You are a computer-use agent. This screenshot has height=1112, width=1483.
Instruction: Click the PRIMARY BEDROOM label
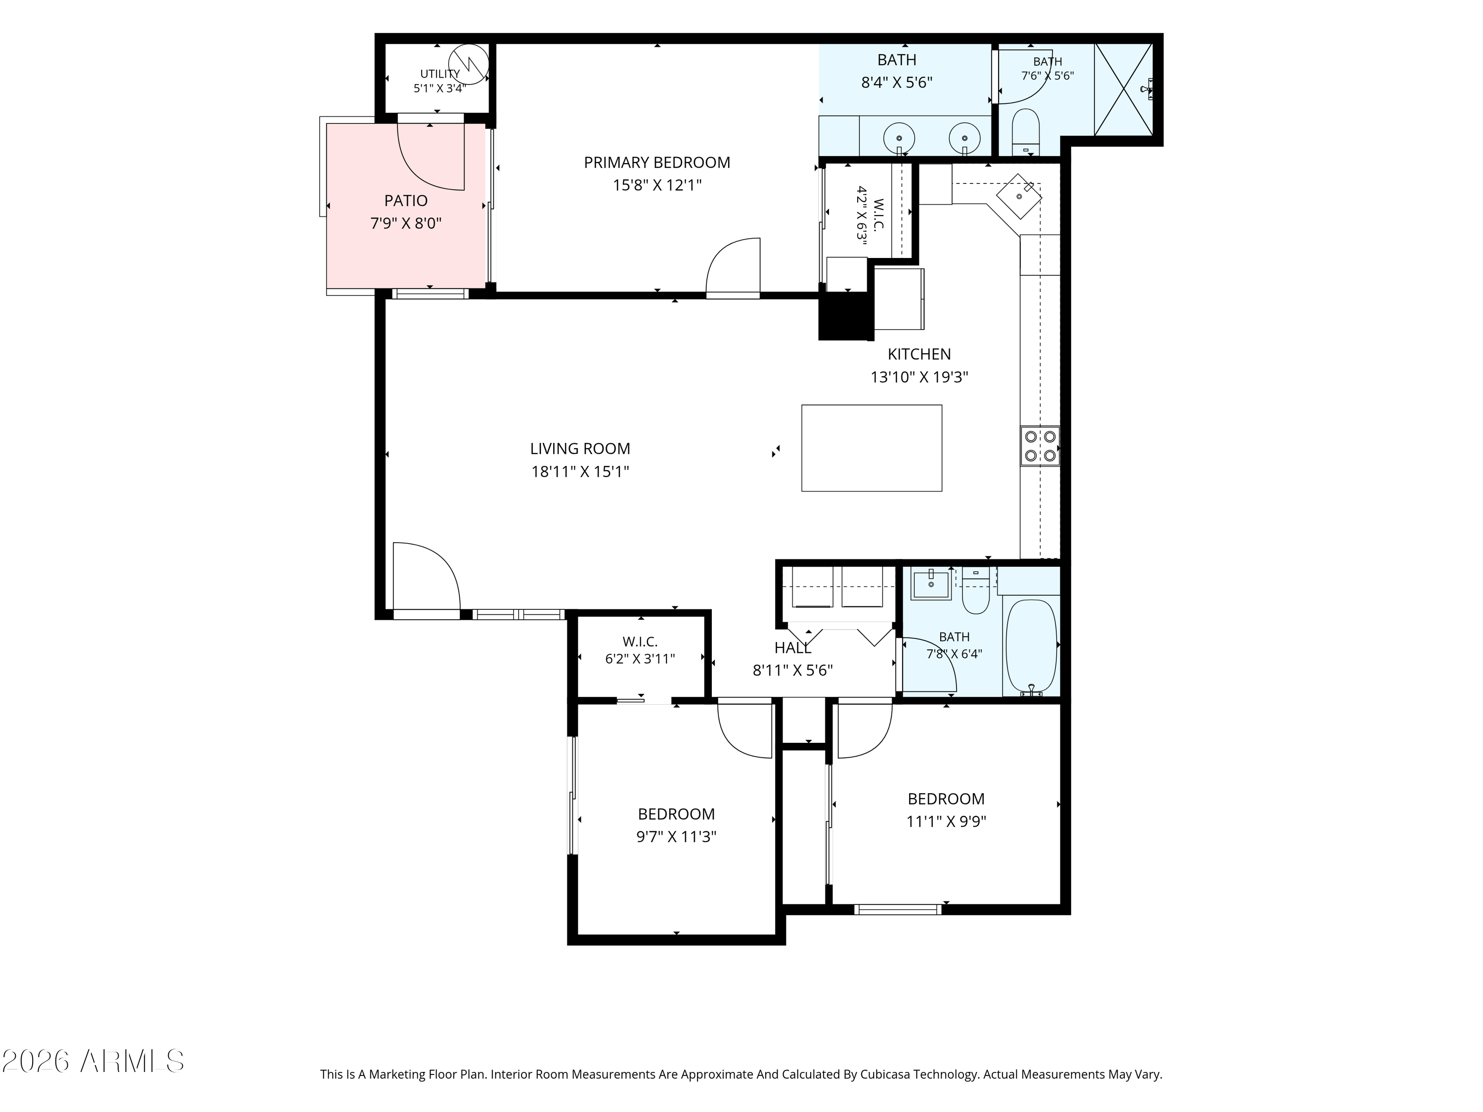[x=656, y=162]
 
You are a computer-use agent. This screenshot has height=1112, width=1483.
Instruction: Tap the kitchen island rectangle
[x=872, y=448]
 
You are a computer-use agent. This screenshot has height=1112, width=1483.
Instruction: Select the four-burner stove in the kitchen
[x=1040, y=446]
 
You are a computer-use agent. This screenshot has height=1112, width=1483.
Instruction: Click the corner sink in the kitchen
[x=1019, y=196]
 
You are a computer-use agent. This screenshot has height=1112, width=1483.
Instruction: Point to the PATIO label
[x=406, y=201]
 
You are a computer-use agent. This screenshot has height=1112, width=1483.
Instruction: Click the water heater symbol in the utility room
[x=469, y=64]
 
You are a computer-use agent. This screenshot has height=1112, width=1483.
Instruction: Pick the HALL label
[x=792, y=648]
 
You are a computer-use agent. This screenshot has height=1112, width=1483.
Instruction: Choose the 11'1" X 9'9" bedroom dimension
[x=946, y=822]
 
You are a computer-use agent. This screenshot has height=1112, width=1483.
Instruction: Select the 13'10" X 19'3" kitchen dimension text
[x=919, y=378]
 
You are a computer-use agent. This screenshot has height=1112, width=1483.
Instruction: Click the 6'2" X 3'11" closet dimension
[x=640, y=659]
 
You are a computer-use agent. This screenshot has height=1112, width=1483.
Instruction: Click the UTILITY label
[x=440, y=74]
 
